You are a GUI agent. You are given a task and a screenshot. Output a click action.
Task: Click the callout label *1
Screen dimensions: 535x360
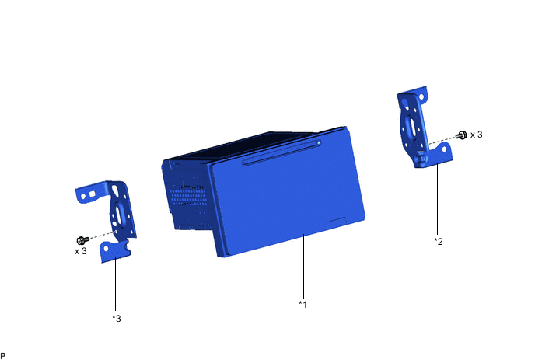pos(303,304)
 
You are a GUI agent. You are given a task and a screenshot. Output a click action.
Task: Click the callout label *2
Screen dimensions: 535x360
pos(439,241)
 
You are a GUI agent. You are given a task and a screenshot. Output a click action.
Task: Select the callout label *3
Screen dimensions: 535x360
pos(117,318)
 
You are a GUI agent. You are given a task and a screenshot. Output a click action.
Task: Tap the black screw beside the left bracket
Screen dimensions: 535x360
pos(83,240)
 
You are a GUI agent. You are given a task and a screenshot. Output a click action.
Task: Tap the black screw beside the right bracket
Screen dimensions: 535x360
pos(461,135)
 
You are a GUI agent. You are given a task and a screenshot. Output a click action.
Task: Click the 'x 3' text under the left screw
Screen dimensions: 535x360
pos(81,251)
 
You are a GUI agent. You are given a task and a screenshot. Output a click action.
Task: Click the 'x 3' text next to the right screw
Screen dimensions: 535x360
pos(477,135)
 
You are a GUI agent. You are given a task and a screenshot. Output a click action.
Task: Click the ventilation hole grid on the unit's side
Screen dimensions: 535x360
pos(188,195)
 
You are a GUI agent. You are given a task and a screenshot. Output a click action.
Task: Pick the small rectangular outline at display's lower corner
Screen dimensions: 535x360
pos(337,223)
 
